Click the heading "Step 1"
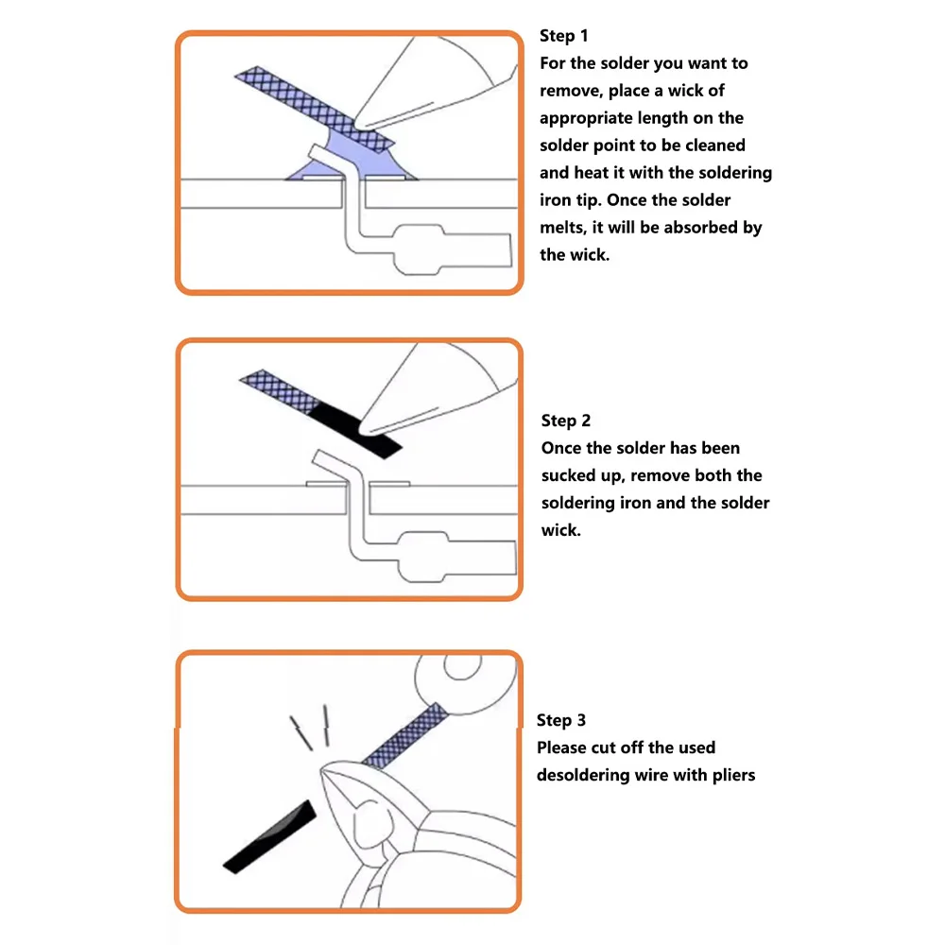tap(564, 36)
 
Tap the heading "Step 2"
tap(566, 421)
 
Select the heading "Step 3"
tap(561, 720)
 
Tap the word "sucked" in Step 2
tap(566, 475)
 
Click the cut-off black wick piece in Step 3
tap(268, 835)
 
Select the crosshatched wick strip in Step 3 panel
tap(402, 736)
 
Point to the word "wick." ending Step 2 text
tap(560, 530)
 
